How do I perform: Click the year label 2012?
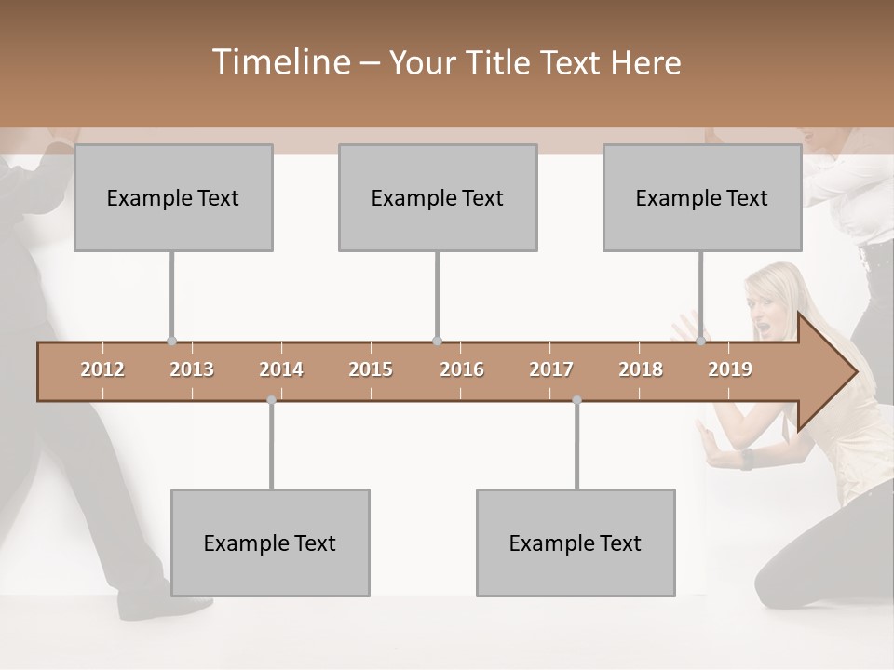pos(102,369)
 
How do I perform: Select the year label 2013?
pos(192,369)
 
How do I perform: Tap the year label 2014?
pos(281,369)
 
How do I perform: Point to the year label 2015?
pos(371,369)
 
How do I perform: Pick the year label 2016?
pos(462,369)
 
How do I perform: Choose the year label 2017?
pos(551,369)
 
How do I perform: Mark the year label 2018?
pos(641,369)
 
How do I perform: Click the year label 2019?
pos(730,369)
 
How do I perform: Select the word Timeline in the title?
pos(279,62)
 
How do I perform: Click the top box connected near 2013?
pos(173,197)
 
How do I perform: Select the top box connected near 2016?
pos(438,197)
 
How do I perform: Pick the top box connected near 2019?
pos(702,197)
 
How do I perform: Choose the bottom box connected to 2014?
pos(270,543)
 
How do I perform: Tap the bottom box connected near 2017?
pos(576,543)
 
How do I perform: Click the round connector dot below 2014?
pos(271,400)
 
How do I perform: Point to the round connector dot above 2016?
pos(437,342)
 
